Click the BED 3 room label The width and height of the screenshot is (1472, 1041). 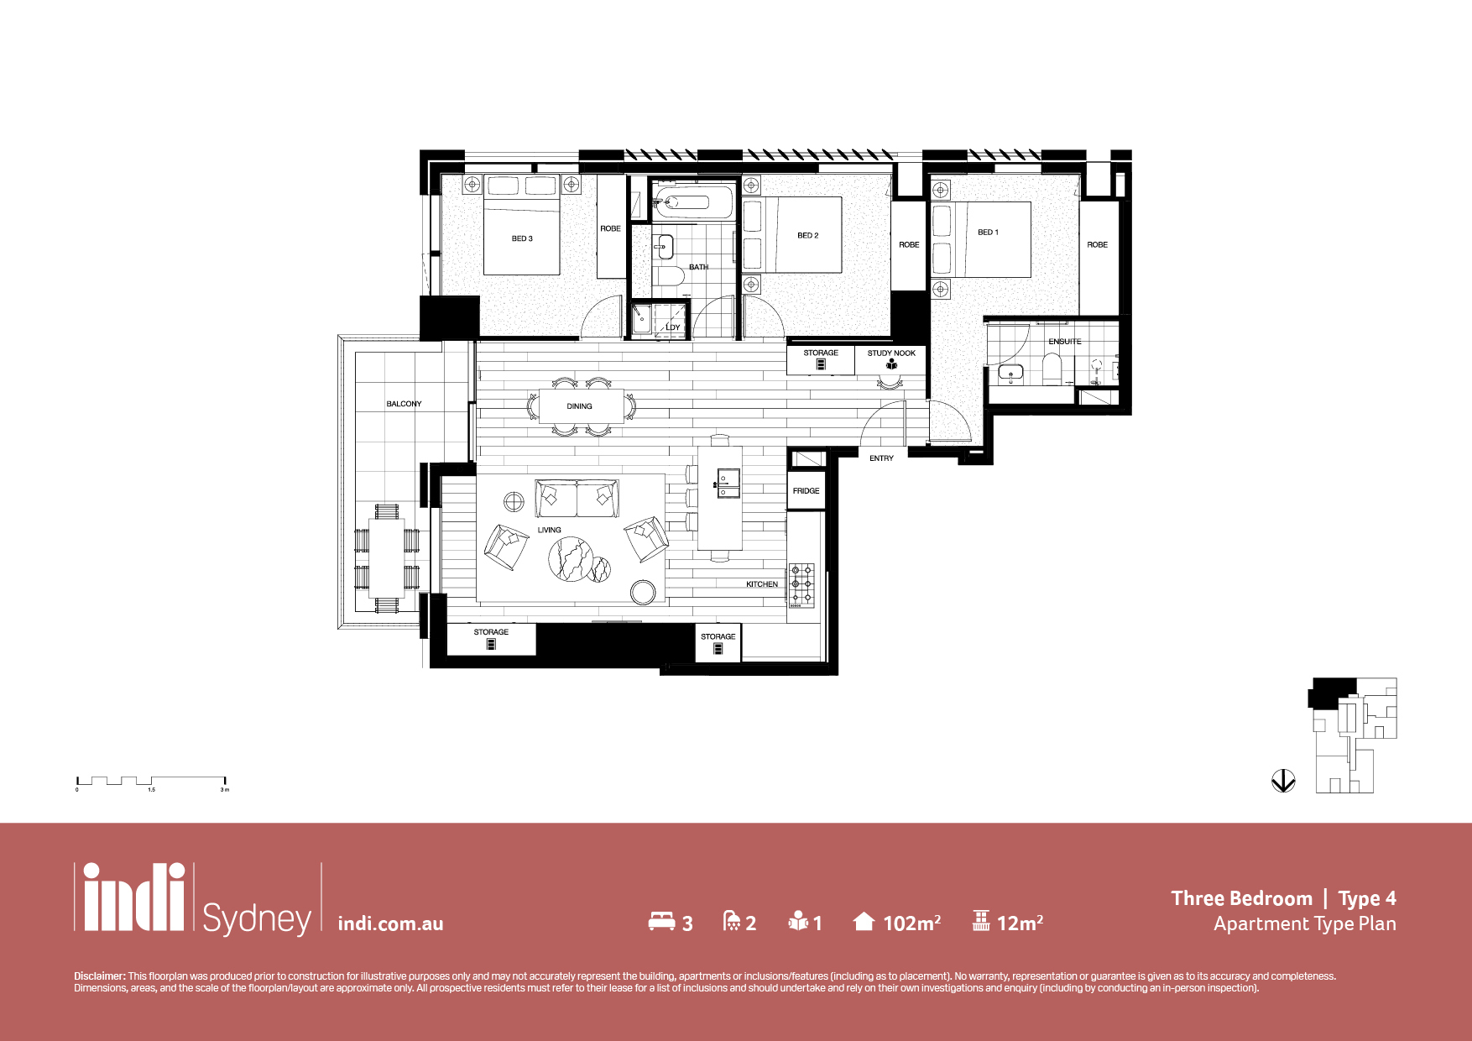[522, 238]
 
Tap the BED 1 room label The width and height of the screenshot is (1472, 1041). [988, 232]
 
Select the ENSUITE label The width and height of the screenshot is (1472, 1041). [1064, 342]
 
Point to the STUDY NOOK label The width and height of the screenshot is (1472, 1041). [891, 353]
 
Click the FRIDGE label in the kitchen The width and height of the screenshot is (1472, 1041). [806, 490]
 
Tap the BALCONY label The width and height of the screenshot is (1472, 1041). [404, 404]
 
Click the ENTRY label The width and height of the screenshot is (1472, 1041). [881, 458]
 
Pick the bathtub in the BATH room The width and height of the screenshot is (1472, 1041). [693, 202]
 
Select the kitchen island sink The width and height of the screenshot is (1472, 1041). [727, 483]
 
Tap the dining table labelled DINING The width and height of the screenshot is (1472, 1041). [582, 406]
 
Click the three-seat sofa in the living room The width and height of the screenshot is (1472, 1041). [577, 498]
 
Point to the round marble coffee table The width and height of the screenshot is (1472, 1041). [571, 558]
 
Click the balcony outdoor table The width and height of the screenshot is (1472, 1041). [387, 557]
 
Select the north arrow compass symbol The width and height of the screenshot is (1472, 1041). [1283, 781]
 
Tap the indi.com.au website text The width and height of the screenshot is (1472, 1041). [390, 923]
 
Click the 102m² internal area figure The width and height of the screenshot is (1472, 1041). [911, 923]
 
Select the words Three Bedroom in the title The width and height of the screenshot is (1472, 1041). [1241, 898]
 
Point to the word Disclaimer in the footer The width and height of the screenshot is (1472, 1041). [99, 976]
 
